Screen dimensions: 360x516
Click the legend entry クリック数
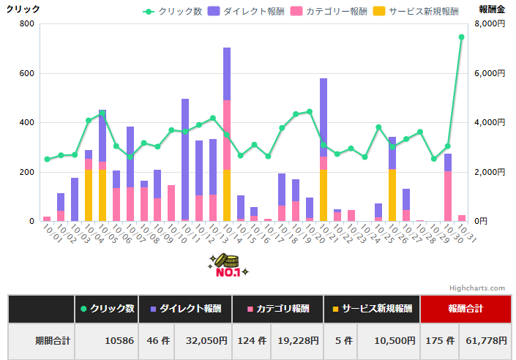(173, 12)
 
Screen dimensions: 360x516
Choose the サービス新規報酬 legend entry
(417, 12)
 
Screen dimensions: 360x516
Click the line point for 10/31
(461, 37)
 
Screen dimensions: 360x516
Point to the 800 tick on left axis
(26, 24)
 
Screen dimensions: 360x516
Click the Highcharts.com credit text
(478, 288)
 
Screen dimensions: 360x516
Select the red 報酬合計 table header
(465, 309)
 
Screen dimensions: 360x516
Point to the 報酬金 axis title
(492, 9)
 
